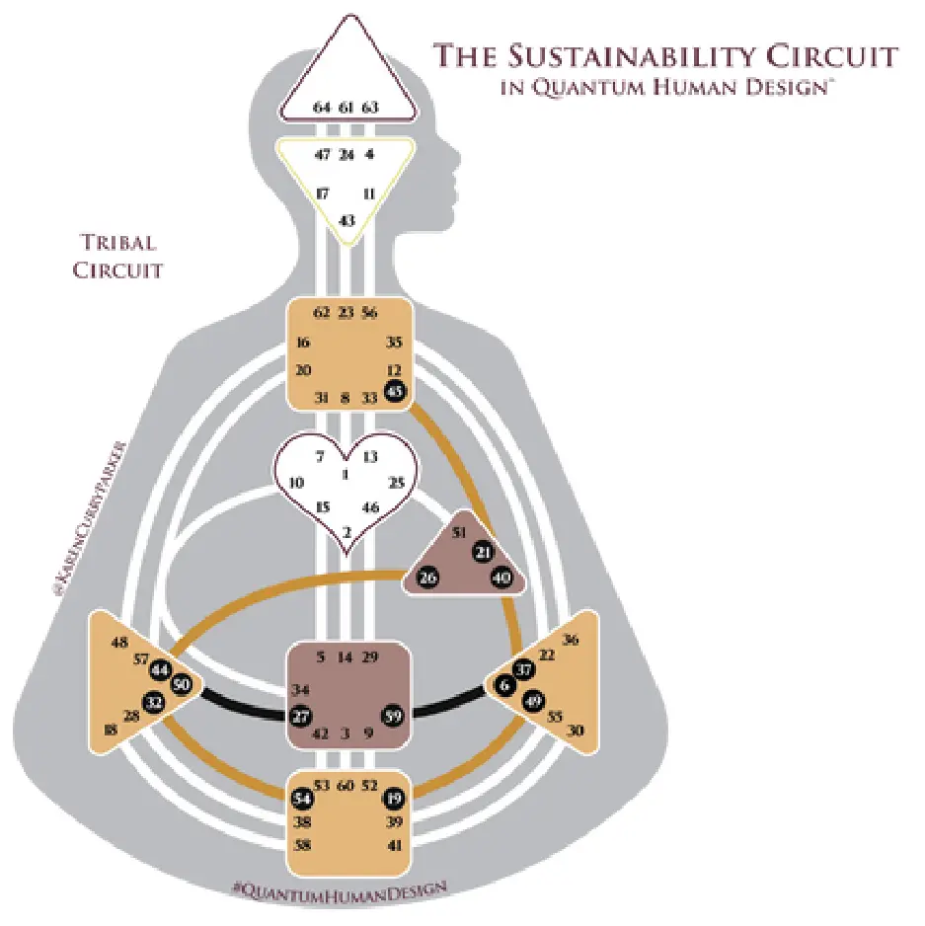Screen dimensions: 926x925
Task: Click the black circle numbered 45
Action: click(x=396, y=391)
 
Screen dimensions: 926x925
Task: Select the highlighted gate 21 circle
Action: click(x=482, y=554)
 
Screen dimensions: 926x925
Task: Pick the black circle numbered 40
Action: click(x=501, y=579)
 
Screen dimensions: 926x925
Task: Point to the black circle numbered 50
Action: click(x=181, y=685)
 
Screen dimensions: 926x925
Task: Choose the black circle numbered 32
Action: click(x=154, y=703)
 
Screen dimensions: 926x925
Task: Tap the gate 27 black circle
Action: click(x=302, y=716)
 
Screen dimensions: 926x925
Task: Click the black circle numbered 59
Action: click(x=393, y=716)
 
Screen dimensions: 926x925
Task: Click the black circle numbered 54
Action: click(x=302, y=797)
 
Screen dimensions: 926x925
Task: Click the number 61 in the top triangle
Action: click(x=346, y=107)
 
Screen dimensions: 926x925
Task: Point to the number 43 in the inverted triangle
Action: click(x=347, y=219)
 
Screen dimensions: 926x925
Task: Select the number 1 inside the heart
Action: click(x=346, y=475)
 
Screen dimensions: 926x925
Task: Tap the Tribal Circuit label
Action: click(x=118, y=256)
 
